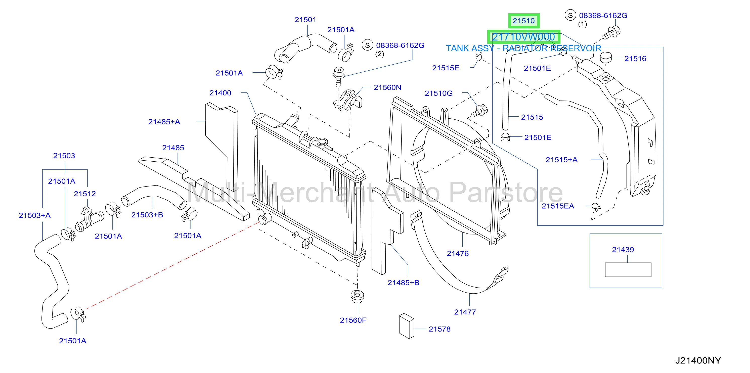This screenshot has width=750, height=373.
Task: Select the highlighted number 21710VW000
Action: (523, 37)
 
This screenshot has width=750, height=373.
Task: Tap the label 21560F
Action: (353, 320)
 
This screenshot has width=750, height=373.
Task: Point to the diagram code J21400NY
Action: (698, 360)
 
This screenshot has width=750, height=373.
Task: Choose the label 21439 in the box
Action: (623, 250)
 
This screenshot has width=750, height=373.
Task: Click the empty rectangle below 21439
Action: (628, 270)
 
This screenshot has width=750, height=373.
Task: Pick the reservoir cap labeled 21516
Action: (606, 57)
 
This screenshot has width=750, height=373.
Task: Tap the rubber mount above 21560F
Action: (357, 296)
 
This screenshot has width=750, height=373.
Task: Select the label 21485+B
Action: (403, 283)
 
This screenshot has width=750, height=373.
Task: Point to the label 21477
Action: (465, 312)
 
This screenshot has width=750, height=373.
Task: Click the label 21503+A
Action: (35, 215)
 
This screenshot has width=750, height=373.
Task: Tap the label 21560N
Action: (387, 87)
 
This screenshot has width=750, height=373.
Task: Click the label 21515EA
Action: (558, 206)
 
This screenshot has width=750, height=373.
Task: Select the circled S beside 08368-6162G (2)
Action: (367, 45)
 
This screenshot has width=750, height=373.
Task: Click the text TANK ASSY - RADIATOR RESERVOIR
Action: (523, 48)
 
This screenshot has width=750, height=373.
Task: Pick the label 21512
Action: (85, 194)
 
